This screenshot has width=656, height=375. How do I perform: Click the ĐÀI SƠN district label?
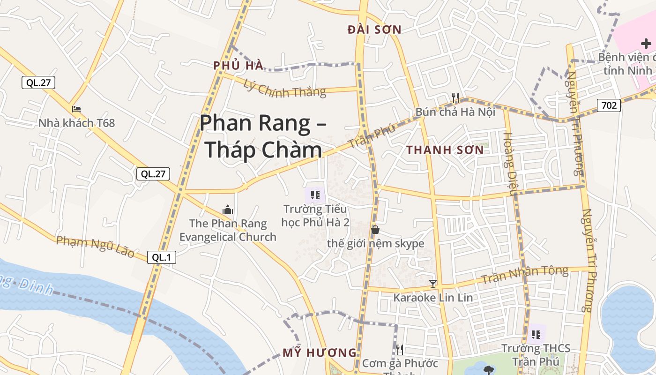pyautogui.click(x=374, y=30)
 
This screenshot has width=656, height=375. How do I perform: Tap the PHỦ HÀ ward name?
pyautogui.click(x=239, y=66)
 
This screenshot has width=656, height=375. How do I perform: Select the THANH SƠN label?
pyautogui.click(x=445, y=150)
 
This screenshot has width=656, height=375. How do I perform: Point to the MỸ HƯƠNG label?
pyautogui.click(x=319, y=353)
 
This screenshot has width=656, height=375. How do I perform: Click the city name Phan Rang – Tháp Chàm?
pyautogui.click(x=263, y=136)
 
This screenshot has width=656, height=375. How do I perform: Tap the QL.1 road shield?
pyautogui.click(x=162, y=257)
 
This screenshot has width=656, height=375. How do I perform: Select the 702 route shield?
pyautogui.click(x=609, y=105)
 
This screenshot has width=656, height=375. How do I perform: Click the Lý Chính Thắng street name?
pyautogui.click(x=285, y=88)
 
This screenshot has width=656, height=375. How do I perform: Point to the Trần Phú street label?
pyautogui.click(x=373, y=135)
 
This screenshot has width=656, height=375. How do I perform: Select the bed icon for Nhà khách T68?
pyautogui.click(x=76, y=109)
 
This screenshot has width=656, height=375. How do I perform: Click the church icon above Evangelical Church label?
pyautogui.click(x=228, y=209)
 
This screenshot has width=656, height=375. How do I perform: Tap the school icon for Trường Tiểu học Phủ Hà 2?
pyautogui.click(x=315, y=195)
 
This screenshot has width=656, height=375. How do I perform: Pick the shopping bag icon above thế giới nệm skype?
pyautogui.click(x=375, y=230)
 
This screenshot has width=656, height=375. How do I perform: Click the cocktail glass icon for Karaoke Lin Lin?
pyautogui.click(x=433, y=284)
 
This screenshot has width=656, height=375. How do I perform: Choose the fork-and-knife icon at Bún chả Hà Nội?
pyautogui.click(x=455, y=97)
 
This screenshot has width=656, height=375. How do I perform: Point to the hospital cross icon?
pyautogui.click(x=646, y=44)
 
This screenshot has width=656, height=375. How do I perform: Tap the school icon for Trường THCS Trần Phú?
pyautogui.click(x=536, y=334)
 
